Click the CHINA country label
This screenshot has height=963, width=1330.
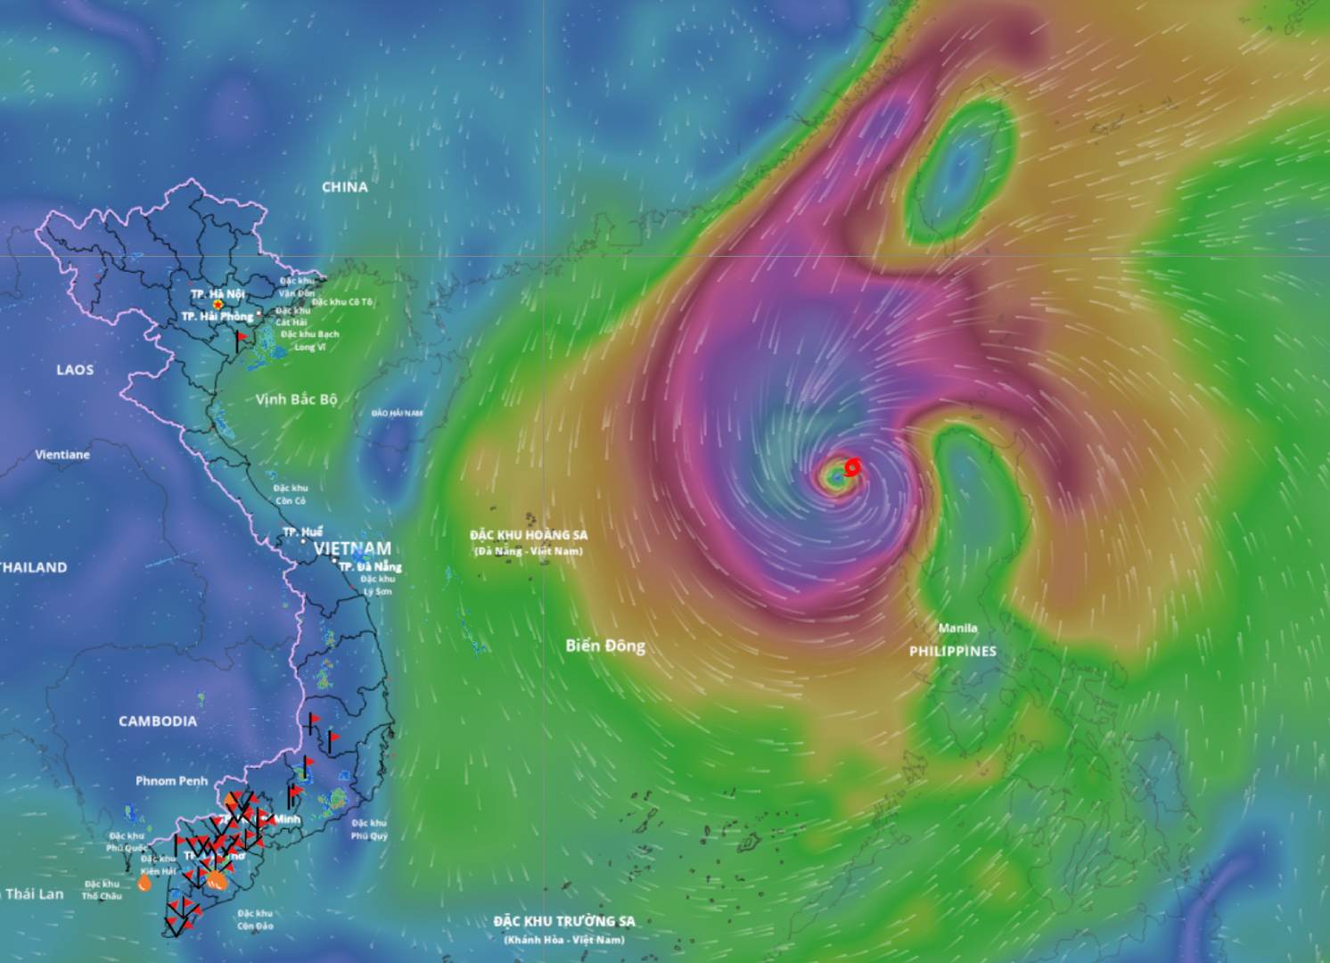tap(345, 187)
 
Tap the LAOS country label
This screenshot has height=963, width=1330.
tap(75, 370)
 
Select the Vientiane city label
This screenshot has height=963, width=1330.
tap(62, 455)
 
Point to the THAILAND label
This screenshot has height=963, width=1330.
tap(33, 567)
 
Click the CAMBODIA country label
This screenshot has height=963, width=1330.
tap(158, 721)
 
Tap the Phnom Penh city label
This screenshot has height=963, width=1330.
tap(171, 781)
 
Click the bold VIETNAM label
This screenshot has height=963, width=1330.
tap(352, 548)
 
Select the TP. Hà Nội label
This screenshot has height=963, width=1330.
tap(217, 293)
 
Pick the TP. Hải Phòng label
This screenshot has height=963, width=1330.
tap(218, 317)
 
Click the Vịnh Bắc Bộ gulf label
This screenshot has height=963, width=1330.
tap(296, 399)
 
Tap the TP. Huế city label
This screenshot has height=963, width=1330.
tap(303, 532)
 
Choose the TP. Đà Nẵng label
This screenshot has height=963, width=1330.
tap(370, 566)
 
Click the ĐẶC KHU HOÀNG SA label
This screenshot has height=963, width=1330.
tap(529, 535)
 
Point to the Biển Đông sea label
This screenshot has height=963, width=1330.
tap(605, 646)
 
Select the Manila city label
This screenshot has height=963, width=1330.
tap(957, 628)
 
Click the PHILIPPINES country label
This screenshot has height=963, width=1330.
tap(952, 652)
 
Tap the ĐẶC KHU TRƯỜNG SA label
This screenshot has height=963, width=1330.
tap(563, 921)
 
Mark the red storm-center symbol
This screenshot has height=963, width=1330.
tap(852, 466)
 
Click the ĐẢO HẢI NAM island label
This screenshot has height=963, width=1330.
tap(398, 413)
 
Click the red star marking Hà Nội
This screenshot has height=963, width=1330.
tap(218, 305)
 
